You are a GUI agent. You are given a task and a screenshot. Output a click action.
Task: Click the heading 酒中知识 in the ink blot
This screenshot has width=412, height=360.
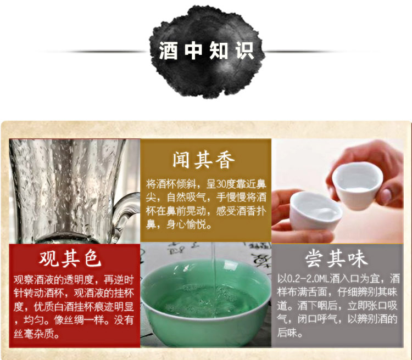206,50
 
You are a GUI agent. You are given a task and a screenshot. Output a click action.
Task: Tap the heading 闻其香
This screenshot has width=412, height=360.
203,160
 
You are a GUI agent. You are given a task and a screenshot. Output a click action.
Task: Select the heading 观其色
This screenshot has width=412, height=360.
70,258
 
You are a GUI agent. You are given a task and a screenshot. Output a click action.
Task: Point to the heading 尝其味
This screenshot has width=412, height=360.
336,258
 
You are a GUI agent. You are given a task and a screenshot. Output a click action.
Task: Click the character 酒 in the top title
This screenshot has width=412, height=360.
168,50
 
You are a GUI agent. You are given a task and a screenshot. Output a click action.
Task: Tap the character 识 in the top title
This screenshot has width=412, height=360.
244,50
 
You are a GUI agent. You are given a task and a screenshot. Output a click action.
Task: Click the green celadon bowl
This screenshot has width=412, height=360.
205,299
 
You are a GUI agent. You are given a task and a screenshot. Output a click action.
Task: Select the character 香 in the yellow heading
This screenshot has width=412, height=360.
225,160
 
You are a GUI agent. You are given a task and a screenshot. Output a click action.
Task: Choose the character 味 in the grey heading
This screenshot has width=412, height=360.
358,258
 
